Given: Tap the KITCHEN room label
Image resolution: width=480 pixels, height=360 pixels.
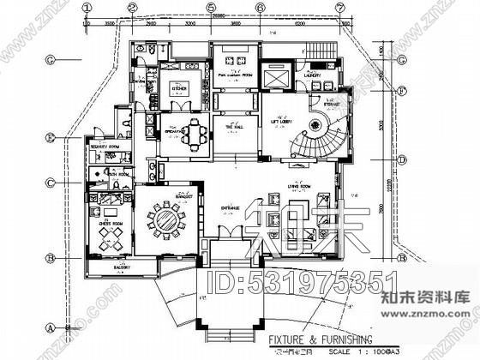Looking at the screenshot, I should point(179,87).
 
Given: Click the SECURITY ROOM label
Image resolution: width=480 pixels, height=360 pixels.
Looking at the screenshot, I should point(104,147).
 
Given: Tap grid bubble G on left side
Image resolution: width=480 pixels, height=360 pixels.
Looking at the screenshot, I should point(51,59).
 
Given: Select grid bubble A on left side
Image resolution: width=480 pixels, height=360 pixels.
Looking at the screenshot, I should point(51,327).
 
